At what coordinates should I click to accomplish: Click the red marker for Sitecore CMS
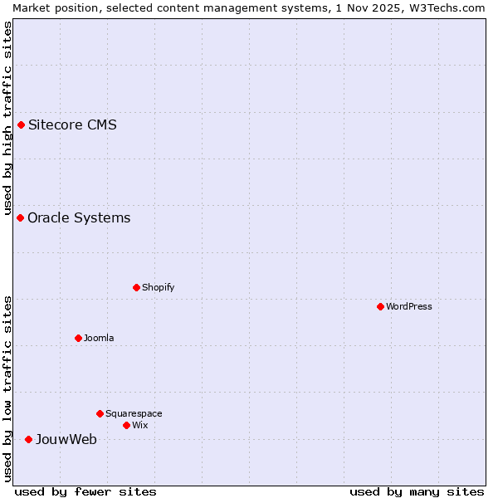[21, 125]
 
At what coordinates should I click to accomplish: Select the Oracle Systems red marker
[20, 217]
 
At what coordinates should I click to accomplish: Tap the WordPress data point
[380, 306]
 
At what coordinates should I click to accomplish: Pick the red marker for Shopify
[136, 287]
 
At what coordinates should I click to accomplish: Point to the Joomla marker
[78, 338]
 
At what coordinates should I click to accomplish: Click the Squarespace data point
[100, 413]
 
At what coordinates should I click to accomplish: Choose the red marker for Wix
[126, 425]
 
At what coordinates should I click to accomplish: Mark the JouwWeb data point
[28, 439]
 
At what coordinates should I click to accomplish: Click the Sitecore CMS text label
[72, 125]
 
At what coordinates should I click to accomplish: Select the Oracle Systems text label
[79, 217]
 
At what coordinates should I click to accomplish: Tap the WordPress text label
[409, 306]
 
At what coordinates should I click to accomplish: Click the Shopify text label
[158, 287]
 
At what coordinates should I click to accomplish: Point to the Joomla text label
[99, 338]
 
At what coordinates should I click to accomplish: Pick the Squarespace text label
[134, 413]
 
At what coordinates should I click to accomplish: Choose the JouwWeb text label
[66, 439]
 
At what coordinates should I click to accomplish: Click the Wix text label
[139, 425]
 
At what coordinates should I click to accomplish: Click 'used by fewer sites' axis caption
[85, 491]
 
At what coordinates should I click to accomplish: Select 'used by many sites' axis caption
[417, 491]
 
